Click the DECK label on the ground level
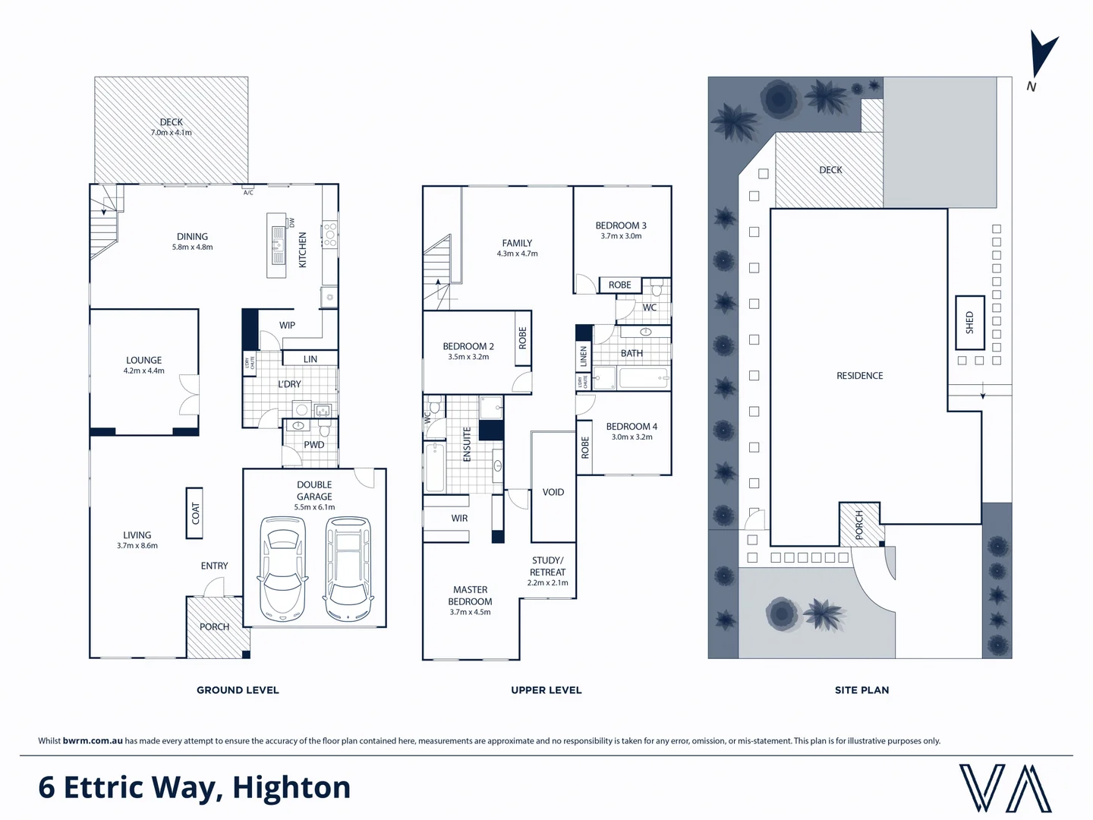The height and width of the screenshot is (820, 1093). tap(171, 121)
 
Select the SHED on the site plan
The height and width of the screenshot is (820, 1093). tap(969, 322)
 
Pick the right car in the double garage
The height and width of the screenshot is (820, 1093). tap(348, 567)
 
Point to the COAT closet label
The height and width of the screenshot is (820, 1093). tap(195, 512)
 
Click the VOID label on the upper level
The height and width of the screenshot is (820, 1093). tap(553, 492)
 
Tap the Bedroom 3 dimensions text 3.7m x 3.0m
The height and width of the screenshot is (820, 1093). tap(621, 236)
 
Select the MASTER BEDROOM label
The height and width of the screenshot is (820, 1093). tap(471, 595)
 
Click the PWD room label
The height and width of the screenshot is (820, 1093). tap(313, 445)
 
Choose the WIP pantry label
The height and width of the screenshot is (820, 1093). tap(287, 325)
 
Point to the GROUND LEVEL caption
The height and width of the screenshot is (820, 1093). tap(238, 690)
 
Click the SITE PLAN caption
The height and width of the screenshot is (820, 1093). tap(861, 690)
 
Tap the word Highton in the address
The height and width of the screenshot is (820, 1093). tap(291, 787)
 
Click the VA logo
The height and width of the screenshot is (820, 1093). tap(1005, 788)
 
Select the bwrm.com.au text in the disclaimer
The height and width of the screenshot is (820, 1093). tap(93, 741)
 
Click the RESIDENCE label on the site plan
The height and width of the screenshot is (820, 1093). tap(859, 376)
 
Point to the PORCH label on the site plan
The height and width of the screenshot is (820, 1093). tap(859, 525)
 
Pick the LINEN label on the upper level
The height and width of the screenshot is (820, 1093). tap(584, 355)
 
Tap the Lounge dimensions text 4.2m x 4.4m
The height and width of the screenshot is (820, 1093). tap(144, 371)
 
